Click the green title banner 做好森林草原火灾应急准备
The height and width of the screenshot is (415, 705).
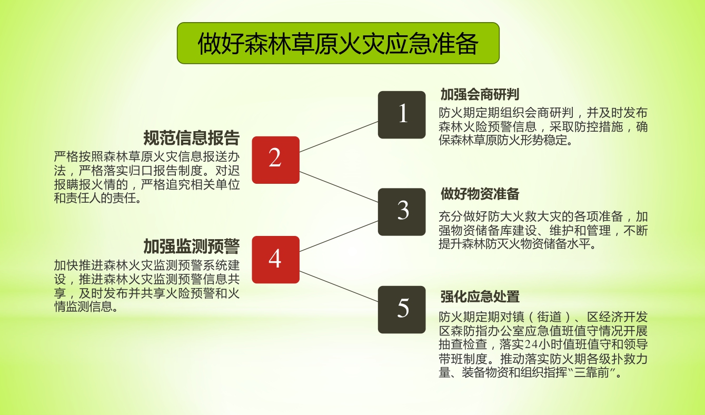coord(338,43)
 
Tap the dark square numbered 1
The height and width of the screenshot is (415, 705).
coord(402,115)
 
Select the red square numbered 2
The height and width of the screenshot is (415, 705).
coord(275,160)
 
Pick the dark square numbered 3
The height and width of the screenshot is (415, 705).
coord(402,212)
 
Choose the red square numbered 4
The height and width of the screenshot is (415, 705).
coord(275,260)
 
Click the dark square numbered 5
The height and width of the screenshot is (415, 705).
coord(402,310)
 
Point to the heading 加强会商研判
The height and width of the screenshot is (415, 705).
coord(480,94)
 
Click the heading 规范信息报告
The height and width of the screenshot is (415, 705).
coord(191,138)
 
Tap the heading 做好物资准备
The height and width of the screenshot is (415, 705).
coord(480,194)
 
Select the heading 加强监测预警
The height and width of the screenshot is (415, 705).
coord(191,246)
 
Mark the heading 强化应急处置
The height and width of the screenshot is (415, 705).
coord(480,297)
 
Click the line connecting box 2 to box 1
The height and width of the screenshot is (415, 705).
coord(339,136)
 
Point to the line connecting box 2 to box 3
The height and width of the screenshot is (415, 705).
coord(339,187)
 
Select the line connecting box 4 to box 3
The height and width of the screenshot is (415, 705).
coord(339,236)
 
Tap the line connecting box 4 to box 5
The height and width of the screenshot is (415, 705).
coord(339,286)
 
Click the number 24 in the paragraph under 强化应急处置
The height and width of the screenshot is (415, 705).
coord(531,344)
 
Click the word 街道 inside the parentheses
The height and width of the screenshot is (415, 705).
coord(549,317)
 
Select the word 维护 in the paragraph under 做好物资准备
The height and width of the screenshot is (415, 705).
coord(561,231)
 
